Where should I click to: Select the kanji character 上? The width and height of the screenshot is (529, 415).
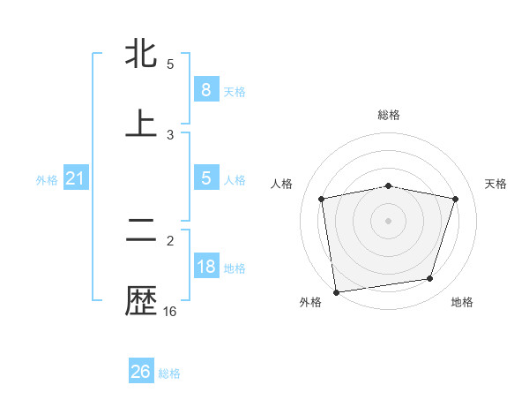141,124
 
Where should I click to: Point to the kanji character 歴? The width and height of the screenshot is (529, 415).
141,301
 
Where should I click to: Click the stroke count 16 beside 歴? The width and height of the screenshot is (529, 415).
170,312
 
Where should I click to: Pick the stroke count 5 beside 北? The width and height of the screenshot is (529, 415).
170,64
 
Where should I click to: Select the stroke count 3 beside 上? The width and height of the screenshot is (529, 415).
170,134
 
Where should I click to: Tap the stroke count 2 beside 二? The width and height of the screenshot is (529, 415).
170,240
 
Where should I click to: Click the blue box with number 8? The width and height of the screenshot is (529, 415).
205,90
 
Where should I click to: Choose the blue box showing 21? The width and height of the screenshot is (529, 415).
76,179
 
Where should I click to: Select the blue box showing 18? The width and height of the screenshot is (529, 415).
205,268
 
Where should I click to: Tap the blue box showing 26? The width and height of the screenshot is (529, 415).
141,372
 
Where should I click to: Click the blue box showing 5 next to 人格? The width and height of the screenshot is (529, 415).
205,178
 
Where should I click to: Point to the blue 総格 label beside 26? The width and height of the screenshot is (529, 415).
170,373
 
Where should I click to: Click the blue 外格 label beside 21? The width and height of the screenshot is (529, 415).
47,180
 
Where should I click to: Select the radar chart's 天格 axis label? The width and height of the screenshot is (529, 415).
496,184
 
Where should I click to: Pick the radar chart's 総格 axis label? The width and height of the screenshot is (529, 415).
389,115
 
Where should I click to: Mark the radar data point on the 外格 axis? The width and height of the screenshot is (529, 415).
336,291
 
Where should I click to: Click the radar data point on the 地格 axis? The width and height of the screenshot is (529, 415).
430,279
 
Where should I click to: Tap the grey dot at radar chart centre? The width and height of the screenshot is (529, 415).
389,220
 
